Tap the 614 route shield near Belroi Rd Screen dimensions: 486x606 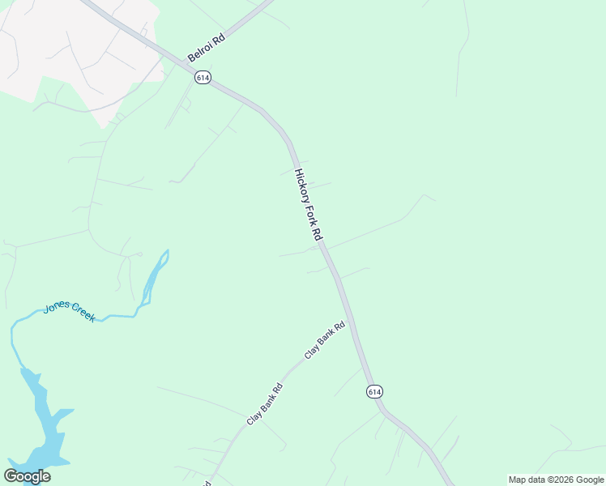tap(203, 77)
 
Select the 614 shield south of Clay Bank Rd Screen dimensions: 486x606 tap(373, 391)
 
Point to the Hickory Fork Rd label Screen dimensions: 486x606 tap(309, 204)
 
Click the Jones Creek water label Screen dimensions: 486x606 tap(69, 311)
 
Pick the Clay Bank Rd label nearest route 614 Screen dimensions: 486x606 tap(325, 340)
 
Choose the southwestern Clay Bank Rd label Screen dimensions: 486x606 tap(265, 403)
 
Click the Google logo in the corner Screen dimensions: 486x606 tap(27, 475)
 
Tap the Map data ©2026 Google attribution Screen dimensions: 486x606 tap(556, 480)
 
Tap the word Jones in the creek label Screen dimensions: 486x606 tap(57, 307)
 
